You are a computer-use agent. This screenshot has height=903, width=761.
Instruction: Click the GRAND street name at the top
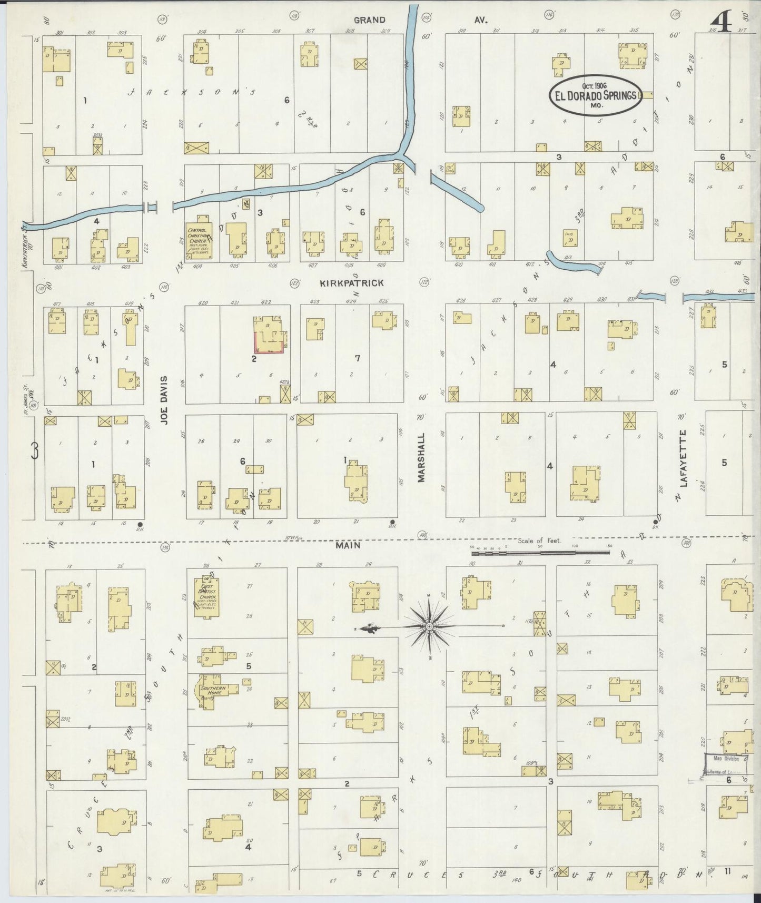pos(369,20)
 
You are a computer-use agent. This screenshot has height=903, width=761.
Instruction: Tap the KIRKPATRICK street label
pos(352,283)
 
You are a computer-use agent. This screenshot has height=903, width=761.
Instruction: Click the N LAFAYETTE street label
pos(684,465)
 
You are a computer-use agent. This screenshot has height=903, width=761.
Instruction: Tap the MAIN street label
pos(348,546)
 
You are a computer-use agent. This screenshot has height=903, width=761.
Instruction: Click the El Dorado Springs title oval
pos(596,95)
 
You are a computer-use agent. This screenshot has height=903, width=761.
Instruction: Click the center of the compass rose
pos(429,626)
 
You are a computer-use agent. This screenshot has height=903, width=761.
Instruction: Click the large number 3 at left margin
pos(35,451)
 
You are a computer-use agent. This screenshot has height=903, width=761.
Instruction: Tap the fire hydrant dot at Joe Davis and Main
pos(140,524)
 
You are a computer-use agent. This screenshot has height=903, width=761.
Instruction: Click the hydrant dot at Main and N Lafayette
pos(657,518)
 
